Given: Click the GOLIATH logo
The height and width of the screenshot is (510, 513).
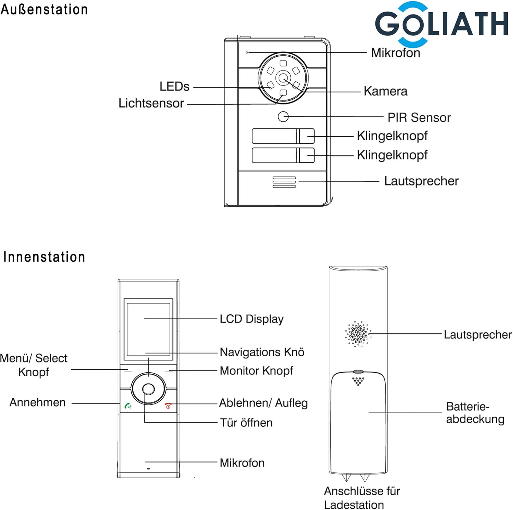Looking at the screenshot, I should click(441, 24).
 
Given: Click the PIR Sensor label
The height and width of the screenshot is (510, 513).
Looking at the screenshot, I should click(419, 118).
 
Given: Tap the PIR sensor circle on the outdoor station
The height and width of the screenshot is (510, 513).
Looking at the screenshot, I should click(283, 117).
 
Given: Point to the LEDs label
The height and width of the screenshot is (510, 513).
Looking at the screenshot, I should click(174, 86).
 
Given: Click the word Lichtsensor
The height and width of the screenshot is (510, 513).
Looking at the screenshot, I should click(151, 103).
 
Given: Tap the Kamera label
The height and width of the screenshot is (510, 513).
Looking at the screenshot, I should click(385, 91).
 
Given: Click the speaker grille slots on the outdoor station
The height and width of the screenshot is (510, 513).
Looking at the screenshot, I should click(284, 182).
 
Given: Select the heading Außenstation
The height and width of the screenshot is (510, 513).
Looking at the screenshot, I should click(44, 9).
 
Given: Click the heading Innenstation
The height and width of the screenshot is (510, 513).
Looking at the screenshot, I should click(44, 257).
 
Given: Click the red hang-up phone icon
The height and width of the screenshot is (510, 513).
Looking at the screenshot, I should click(168, 406).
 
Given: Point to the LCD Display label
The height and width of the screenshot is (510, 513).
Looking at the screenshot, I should click(251, 319).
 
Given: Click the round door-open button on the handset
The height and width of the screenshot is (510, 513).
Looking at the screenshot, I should click(148, 389).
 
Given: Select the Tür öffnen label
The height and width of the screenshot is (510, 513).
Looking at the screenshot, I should click(246, 423).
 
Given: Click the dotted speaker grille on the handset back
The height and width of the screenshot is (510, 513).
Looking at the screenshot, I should click(358, 334).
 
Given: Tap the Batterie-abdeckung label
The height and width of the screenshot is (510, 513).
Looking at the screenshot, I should click(475, 413).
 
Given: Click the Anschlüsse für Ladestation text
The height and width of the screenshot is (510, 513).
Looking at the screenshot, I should click(361, 498).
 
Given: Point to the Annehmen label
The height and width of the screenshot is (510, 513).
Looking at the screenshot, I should click(38, 402).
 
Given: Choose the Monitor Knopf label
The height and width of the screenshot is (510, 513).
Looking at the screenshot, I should click(256, 371).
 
